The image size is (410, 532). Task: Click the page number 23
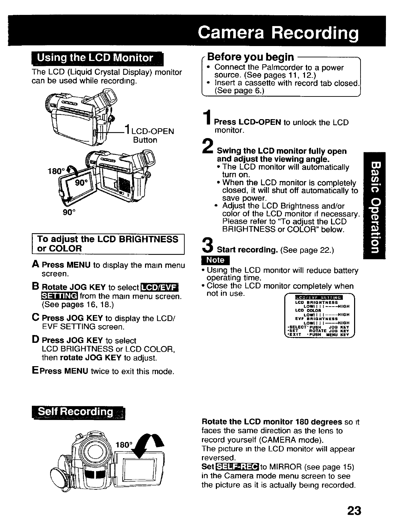tap(354, 510)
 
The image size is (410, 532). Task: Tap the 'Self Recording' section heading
tap(78, 412)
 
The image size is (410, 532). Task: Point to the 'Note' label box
tap(216, 260)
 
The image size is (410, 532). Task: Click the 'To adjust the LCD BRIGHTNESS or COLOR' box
tap(108, 244)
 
